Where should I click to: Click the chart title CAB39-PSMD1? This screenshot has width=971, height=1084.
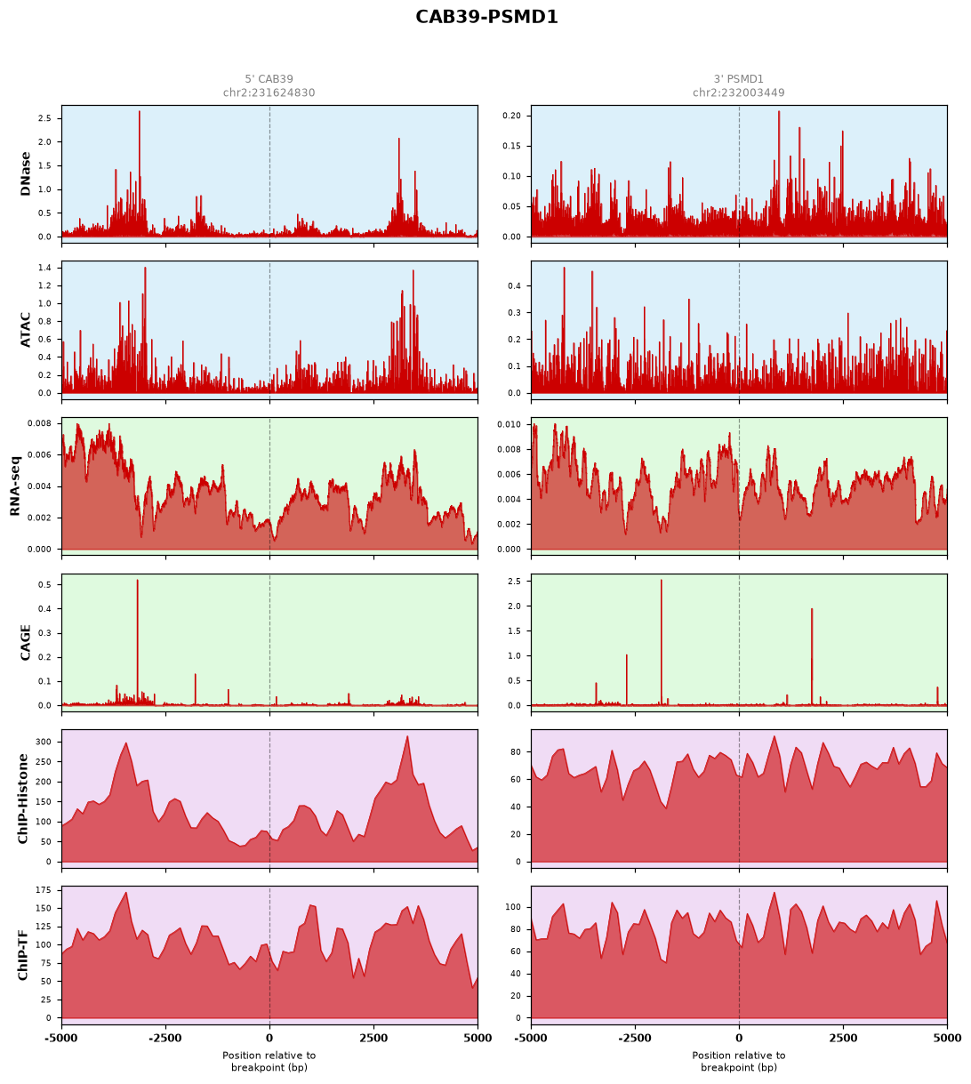(486, 17)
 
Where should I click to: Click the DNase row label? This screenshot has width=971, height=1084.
(25, 174)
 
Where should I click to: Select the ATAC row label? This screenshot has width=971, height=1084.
(25, 330)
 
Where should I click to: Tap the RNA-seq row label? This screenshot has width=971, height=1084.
(15, 486)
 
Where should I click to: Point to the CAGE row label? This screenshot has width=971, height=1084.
(25, 642)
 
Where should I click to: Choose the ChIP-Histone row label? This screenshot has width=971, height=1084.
(22, 799)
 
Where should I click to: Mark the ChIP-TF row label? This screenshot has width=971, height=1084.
(22, 954)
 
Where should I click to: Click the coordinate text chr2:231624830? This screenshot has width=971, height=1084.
(269, 92)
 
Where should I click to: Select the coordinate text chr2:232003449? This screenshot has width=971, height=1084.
(738, 92)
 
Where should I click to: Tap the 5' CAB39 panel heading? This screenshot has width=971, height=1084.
(269, 79)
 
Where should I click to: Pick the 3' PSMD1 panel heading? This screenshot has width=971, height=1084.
(738, 79)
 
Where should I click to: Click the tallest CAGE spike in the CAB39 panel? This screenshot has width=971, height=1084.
(138, 642)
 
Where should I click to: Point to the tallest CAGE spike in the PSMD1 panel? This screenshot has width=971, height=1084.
(662, 642)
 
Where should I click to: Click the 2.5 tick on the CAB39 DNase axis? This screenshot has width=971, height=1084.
(44, 118)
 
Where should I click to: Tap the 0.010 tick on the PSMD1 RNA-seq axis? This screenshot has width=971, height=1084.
(509, 424)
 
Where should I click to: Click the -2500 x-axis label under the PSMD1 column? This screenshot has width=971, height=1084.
(635, 1038)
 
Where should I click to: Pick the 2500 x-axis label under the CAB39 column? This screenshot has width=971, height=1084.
(373, 1038)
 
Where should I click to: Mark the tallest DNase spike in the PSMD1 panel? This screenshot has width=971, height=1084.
(779, 174)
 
